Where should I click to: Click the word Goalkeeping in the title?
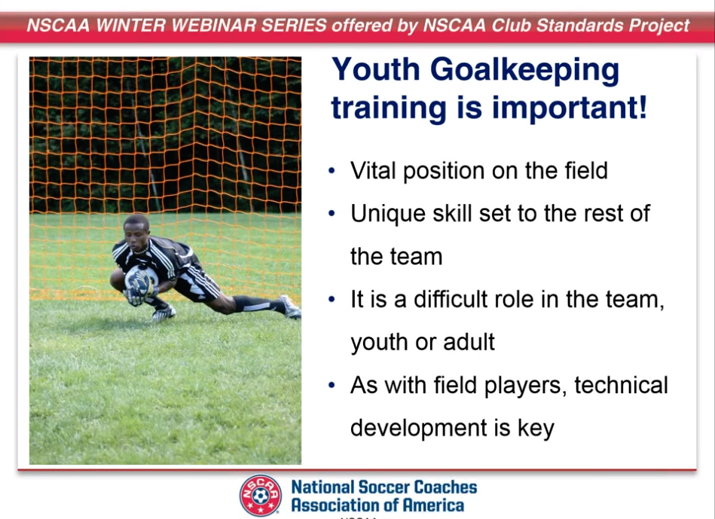click(524, 72)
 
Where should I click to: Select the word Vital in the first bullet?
click(373, 170)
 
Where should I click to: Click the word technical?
click(621, 385)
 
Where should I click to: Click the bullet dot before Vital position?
click(332, 171)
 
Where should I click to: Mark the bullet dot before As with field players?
click(332, 386)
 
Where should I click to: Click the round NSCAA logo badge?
click(261, 496)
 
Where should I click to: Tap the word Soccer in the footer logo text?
click(384, 487)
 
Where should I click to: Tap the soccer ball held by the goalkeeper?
click(139, 279)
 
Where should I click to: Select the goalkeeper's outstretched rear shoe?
click(289, 307)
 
